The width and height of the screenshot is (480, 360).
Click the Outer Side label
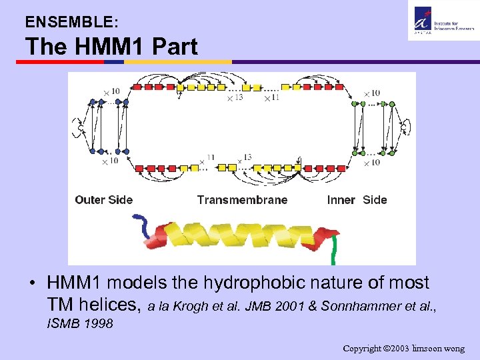103,199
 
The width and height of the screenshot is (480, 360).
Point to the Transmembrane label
242,199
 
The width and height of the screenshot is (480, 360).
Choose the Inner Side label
357,199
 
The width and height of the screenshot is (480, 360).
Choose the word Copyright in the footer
364,348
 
